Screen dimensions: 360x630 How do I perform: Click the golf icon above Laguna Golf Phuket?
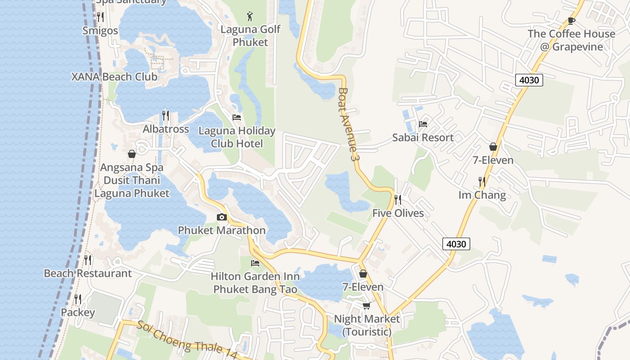(250, 17)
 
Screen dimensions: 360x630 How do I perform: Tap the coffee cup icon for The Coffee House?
(571, 21)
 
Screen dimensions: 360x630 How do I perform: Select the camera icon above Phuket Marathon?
(221, 217)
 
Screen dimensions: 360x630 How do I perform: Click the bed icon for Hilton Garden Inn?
(255, 263)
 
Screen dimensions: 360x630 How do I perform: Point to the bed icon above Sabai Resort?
(423, 124)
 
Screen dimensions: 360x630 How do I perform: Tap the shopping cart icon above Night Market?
(366, 306)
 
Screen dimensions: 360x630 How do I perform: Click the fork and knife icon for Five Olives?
(398, 199)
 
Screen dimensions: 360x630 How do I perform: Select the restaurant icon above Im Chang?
(482, 182)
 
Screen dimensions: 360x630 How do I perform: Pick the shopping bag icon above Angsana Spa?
(132, 154)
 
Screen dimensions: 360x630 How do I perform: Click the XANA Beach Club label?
(114, 76)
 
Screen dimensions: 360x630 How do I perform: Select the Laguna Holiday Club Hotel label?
(237, 137)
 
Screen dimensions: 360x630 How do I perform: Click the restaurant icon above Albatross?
(166, 116)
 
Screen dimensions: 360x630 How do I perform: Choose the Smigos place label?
(100, 31)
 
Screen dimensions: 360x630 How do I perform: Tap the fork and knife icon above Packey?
(78, 299)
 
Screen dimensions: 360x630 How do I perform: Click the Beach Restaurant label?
(88, 273)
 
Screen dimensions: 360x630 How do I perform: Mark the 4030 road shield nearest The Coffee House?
(529, 80)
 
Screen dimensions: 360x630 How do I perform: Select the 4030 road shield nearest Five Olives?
(456, 244)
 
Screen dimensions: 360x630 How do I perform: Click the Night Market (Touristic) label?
(366, 325)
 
